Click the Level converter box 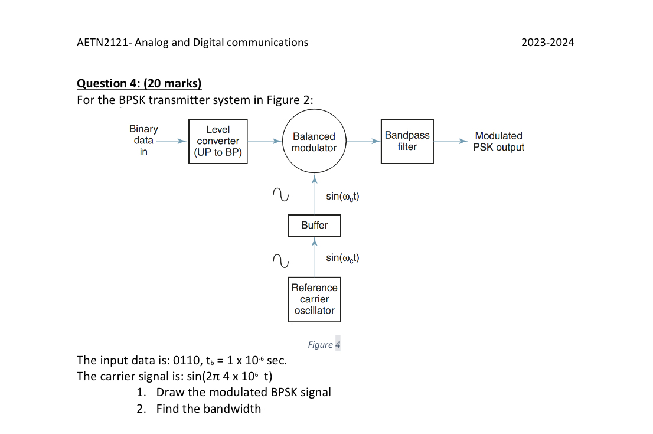pyautogui.click(x=218, y=141)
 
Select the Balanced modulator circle pyautogui.click(x=314, y=142)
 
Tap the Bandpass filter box pyautogui.click(x=407, y=141)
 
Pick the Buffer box pyautogui.click(x=314, y=225)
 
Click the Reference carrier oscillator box pyautogui.click(x=314, y=299)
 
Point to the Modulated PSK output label pyautogui.click(x=498, y=142)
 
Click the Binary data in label pyautogui.click(x=143, y=141)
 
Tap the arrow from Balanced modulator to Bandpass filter pyautogui.click(x=364, y=142)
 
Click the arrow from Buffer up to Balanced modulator pyautogui.click(x=315, y=195)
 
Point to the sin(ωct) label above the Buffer pyautogui.click(x=342, y=195)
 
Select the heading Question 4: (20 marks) pyautogui.click(x=139, y=83)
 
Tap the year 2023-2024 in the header pyautogui.click(x=548, y=42)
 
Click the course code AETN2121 pyautogui.click(x=104, y=42)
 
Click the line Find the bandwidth pyautogui.click(x=208, y=409)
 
